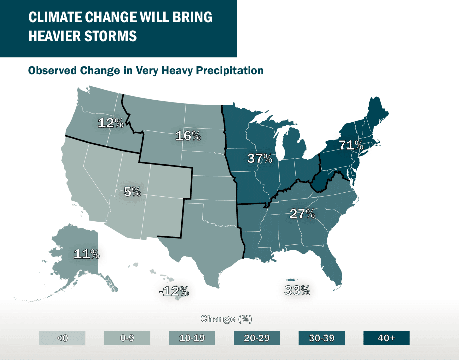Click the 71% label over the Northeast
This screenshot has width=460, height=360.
coord(351,146)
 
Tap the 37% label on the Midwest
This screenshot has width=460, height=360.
coord(260,159)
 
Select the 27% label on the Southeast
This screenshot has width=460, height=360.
coord(302,214)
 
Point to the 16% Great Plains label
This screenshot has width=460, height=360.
coord(188,135)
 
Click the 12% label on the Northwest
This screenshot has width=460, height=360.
coord(110,123)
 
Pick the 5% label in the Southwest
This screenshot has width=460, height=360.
coord(132,191)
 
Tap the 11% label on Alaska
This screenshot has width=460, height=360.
coord(86,254)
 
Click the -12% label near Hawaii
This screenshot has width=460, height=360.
coord(173,291)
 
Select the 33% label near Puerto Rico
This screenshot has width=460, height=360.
coord(298,290)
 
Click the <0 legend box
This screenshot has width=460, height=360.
coord(62,338)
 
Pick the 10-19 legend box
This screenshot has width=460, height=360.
coord(192,338)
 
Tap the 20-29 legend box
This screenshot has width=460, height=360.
coord(257,338)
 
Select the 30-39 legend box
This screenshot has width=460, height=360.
coord(322,338)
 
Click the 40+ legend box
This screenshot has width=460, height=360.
coord(386,338)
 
